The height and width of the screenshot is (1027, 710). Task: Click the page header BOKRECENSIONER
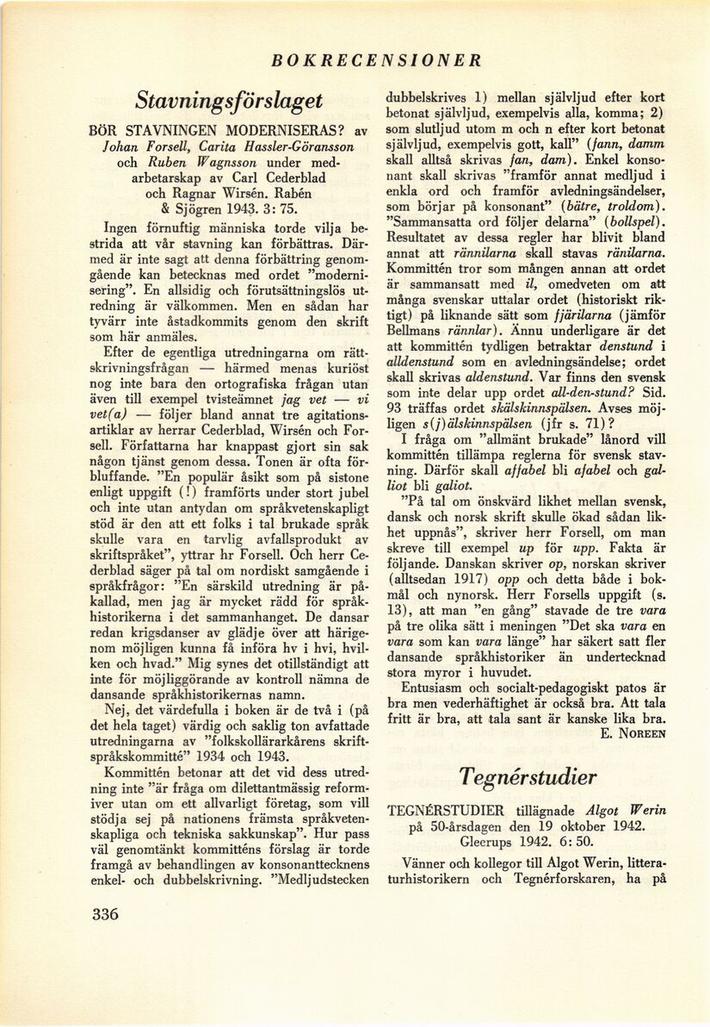click(x=376, y=60)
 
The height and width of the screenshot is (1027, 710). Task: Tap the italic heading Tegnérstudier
click(x=528, y=776)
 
